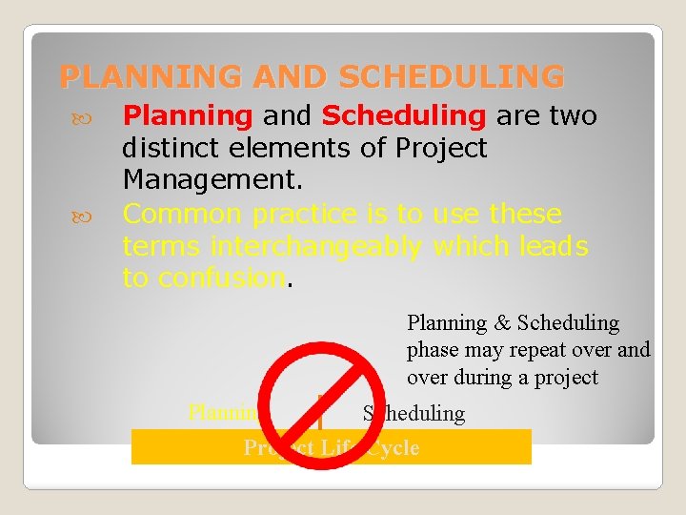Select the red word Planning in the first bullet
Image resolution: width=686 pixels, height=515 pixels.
(188, 116)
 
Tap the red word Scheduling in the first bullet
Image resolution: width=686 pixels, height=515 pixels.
(404, 116)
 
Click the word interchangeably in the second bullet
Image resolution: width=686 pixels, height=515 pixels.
(317, 246)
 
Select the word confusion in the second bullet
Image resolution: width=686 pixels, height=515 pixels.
(222, 278)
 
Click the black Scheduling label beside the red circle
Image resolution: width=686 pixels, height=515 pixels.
(414, 414)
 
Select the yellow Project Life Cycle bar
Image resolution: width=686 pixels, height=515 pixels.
(331, 447)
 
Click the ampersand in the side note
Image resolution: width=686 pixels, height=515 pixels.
(501, 323)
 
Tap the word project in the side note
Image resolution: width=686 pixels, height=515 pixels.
(568, 377)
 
